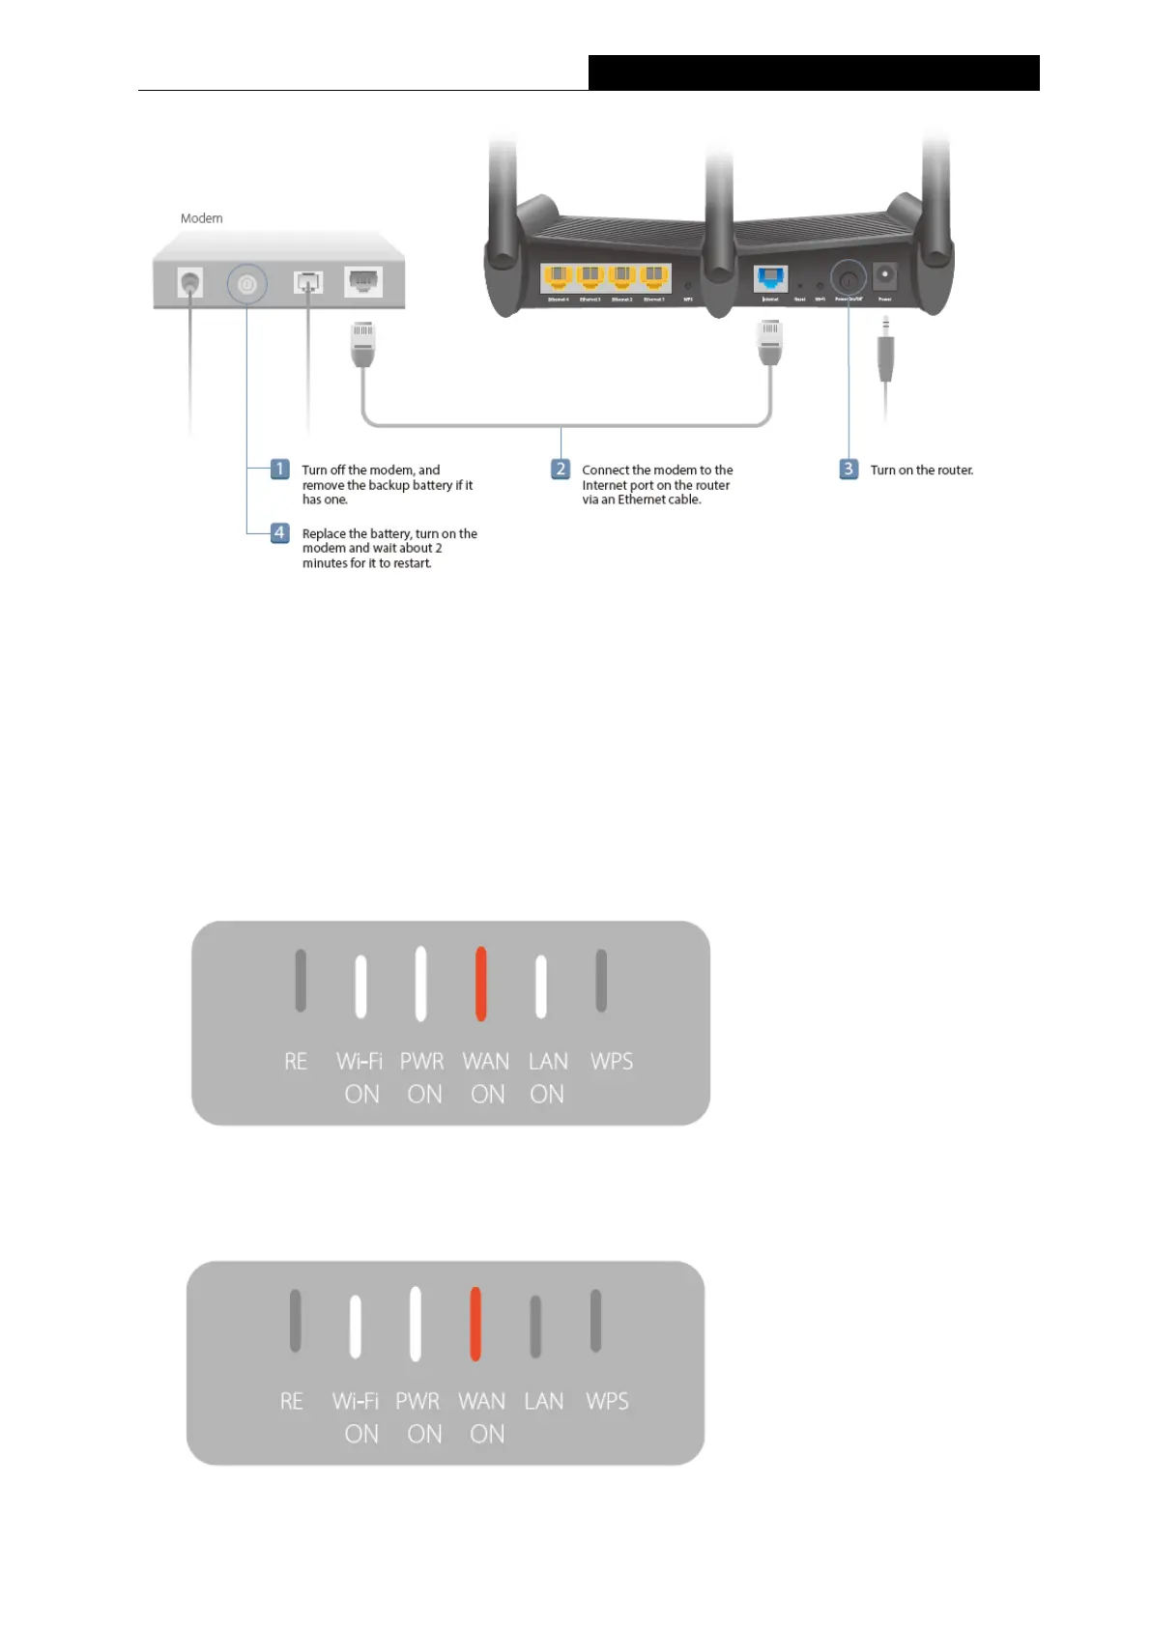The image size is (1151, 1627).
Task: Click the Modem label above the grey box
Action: pos(201,218)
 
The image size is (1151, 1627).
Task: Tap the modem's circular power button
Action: pos(246,284)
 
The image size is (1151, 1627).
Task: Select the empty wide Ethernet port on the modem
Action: pos(363,281)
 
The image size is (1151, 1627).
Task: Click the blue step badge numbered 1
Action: pos(279,470)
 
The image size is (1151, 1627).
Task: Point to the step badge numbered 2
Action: pos(561,470)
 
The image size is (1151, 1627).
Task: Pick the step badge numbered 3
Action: pos(848,470)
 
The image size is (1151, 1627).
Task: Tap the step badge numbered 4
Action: pos(279,533)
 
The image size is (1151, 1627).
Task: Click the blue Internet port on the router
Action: pos(770,279)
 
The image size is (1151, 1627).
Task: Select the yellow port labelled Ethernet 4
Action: pos(558,278)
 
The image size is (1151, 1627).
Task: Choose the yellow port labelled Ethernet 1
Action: pos(654,278)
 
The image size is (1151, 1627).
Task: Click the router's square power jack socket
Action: pos(884,275)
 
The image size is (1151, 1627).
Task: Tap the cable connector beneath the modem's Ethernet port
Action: pos(362,344)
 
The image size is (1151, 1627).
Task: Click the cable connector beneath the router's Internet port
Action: pos(769,344)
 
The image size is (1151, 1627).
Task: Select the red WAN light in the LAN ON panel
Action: pos(480,984)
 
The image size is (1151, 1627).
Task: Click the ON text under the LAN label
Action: pos(547,1095)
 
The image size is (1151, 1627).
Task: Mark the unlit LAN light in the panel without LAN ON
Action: pos(535,1326)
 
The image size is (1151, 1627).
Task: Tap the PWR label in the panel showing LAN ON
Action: pos(422,1062)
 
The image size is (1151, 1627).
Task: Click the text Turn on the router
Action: pos(921,471)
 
